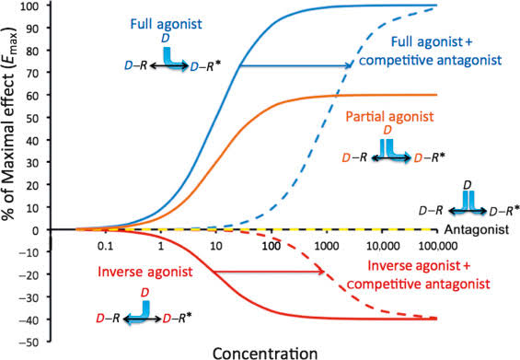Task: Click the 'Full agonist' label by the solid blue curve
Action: (167, 24)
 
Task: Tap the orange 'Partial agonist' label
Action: (389, 117)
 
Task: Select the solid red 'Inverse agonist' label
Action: (145, 272)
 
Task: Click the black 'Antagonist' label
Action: (476, 229)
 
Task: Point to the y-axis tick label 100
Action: (32, 6)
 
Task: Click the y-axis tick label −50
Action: (32, 342)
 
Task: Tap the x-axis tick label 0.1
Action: (105, 246)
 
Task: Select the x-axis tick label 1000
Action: (327, 246)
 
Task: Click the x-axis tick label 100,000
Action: (438, 246)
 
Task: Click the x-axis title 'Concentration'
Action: (265, 353)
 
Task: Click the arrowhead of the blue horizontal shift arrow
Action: (348, 65)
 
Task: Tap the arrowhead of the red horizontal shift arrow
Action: (321, 272)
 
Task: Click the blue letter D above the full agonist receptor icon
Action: (165, 39)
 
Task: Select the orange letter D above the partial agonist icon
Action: (387, 131)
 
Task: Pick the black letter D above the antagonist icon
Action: (468, 185)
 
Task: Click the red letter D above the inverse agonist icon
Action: (144, 293)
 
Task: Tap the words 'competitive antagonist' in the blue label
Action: (431, 60)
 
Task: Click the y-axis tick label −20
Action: (32, 274)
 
